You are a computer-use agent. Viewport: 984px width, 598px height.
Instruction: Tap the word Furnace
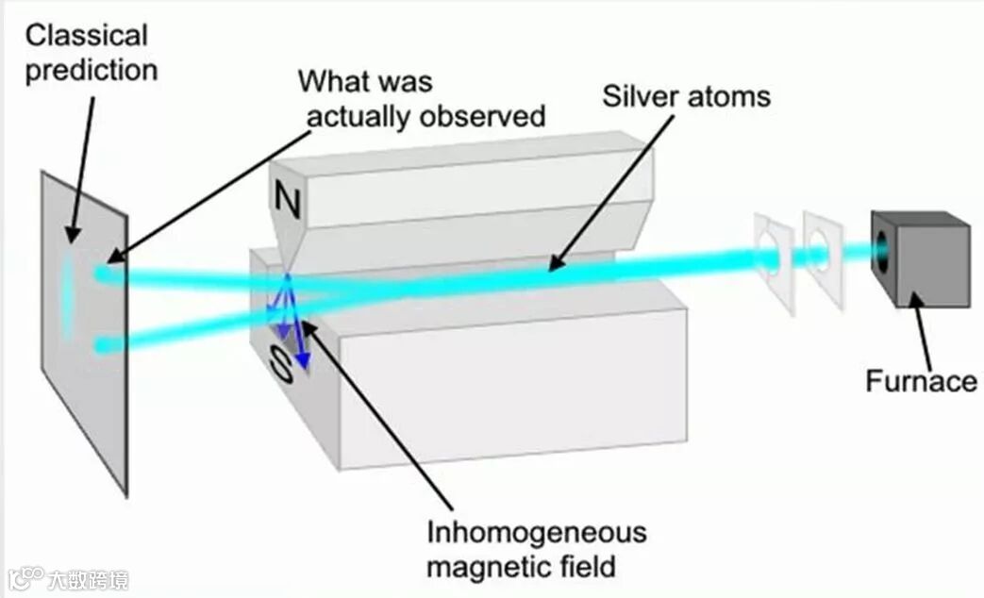coord(921,381)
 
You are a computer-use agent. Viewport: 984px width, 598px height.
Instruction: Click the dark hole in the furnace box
coord(884,249)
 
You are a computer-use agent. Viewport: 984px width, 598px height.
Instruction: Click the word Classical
coord(86,36)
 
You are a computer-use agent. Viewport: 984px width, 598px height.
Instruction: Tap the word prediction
coord(91,70)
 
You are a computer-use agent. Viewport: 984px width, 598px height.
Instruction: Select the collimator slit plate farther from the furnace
coord(774,261)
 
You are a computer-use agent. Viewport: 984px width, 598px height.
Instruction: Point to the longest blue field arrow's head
coord(304,363)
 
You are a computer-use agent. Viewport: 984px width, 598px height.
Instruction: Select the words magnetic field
coord(520,567)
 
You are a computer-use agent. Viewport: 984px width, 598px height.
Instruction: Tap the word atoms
coord(728,96)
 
